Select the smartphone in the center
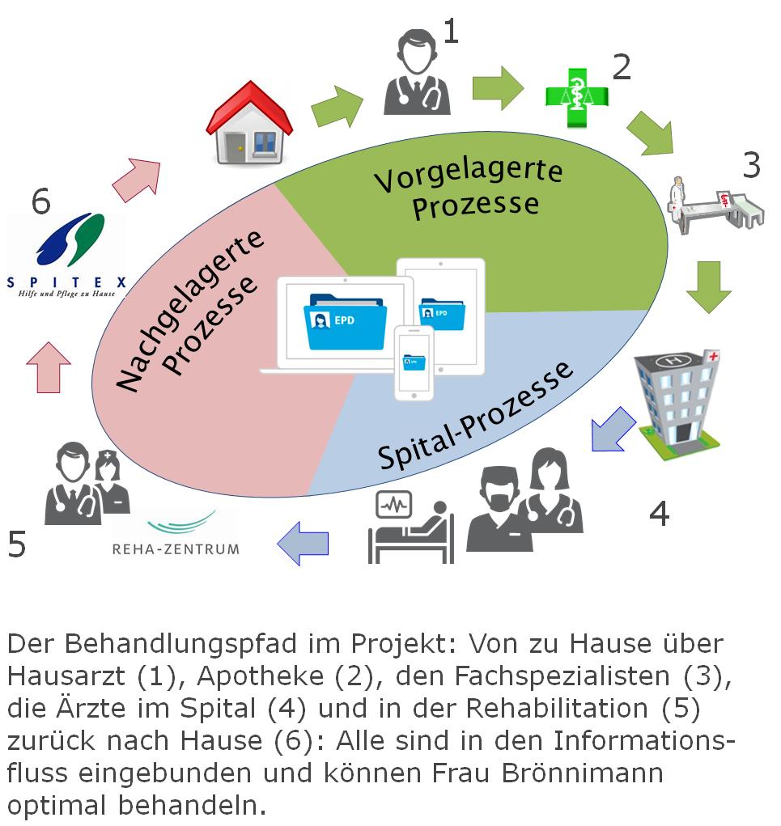coord(414,362)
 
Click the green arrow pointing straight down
coord(708,286)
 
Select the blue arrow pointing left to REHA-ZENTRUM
coord(303,543)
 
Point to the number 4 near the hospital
coord(660,513)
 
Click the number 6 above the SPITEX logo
coord(40,202)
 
